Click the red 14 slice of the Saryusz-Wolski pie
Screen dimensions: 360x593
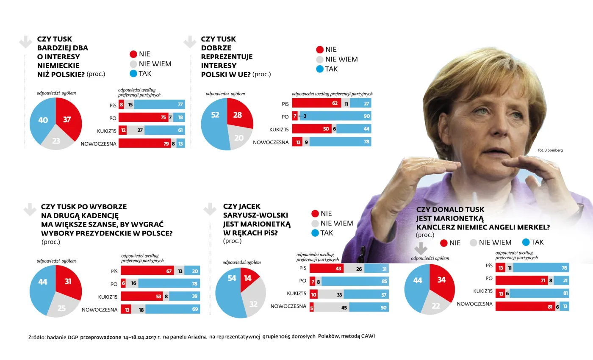point(248,279)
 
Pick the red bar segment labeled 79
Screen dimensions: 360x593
point(144,144)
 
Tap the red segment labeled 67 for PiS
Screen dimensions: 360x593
point(147,271)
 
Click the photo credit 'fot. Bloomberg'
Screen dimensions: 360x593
point(550,150)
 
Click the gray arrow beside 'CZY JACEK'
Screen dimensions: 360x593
point(210,209)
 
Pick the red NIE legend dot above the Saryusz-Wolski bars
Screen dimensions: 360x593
point(315,213)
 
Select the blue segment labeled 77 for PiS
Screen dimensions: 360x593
point(159,105)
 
